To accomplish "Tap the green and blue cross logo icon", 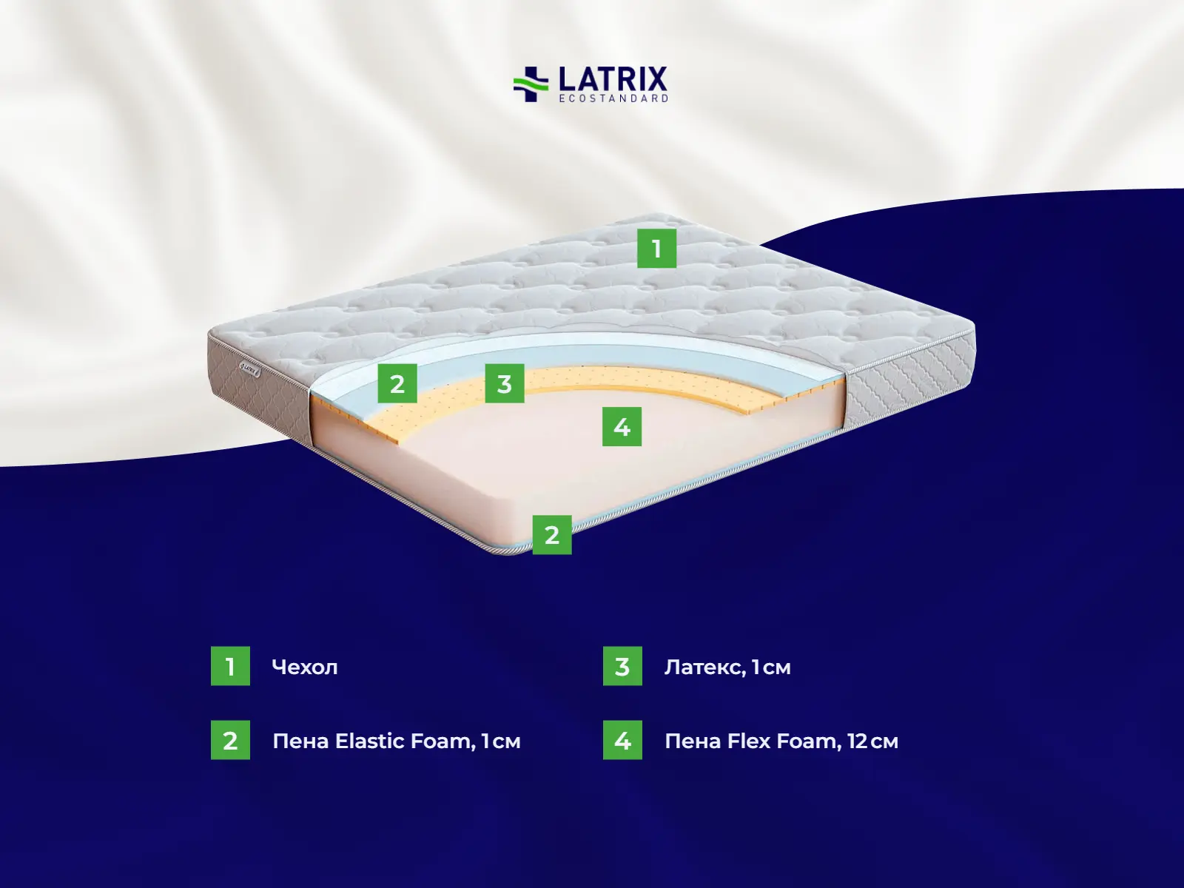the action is (531, 84).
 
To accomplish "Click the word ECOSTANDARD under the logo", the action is (613, 98).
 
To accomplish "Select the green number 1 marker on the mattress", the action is (656, 249).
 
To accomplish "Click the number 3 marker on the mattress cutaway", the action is (505, 383).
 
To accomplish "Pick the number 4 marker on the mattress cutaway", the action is (622, 426).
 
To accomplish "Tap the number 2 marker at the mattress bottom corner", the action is (552, 535).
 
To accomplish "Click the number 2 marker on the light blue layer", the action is (397, 383).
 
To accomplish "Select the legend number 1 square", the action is (230, 666).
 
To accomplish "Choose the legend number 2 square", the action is (230, 740).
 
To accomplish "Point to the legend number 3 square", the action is (622, 666).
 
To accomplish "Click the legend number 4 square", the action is (622, 740).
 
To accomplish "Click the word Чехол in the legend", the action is (305, 667).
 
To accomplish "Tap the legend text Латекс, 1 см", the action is (727, 667).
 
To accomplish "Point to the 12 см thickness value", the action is (872, 741).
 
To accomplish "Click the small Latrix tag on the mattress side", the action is (249, 369).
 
